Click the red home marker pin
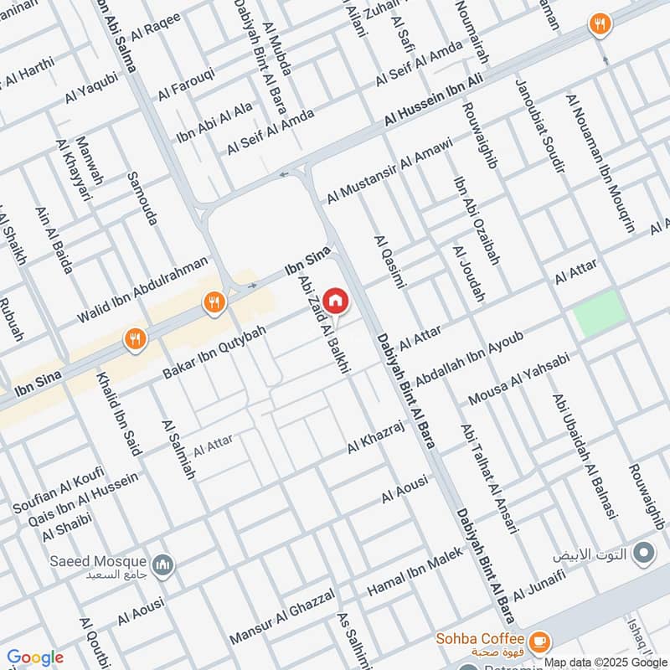pos(335,300)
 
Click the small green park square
pos(600,314)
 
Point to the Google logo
pos(35,657)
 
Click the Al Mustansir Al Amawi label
pos(389,168)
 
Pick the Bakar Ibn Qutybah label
pos(214,350)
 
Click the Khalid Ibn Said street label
pos(119,414)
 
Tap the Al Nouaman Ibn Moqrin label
pos(600,163)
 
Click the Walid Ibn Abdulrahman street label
pos(142,290)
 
